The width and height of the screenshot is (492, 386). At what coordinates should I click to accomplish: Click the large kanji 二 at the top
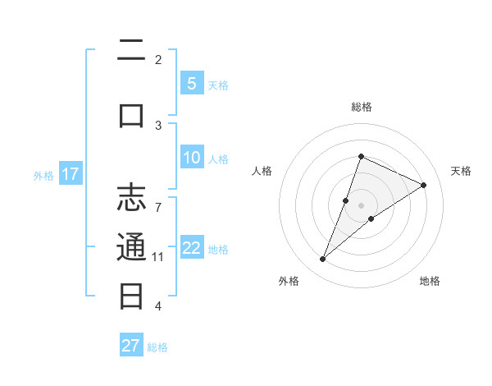[x=131, y=52]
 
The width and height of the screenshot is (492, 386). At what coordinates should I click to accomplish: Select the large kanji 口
[x=131, y=114]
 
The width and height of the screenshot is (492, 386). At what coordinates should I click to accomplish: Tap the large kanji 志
[x=131, y=199]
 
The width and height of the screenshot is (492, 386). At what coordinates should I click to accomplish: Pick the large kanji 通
[x=131, y=247]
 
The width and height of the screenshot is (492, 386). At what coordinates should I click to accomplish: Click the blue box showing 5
[x=191, y=83]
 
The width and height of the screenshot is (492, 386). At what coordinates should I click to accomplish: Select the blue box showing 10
[x=191, y=158]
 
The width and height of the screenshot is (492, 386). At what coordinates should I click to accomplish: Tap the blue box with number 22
[x=191, y=248]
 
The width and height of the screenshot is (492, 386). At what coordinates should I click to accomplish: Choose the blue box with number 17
[x=70, y=174]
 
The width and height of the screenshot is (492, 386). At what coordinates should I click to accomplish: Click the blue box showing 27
[x=131, y=345]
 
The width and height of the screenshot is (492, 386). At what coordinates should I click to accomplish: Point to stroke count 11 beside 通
[x=158, y=257]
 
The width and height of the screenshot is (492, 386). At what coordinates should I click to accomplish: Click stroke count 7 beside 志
[x=158, y=198]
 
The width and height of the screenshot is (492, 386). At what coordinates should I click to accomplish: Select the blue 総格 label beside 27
[x=157, y=347]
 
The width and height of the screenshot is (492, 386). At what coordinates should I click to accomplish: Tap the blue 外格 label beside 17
[x=43, y=175]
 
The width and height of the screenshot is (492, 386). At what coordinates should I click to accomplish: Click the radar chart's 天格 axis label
[x=461, y=171]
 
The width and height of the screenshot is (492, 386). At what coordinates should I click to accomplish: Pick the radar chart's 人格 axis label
[x=262, y=171]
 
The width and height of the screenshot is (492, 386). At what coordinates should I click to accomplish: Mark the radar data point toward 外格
[x=322, y=260]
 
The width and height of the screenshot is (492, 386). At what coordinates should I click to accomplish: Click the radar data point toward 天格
[x=423, y=185]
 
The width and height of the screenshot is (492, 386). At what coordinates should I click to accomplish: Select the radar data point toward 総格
[x=361, y=156]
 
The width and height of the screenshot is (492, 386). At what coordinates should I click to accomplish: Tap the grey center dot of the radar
[x=361, y=204]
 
